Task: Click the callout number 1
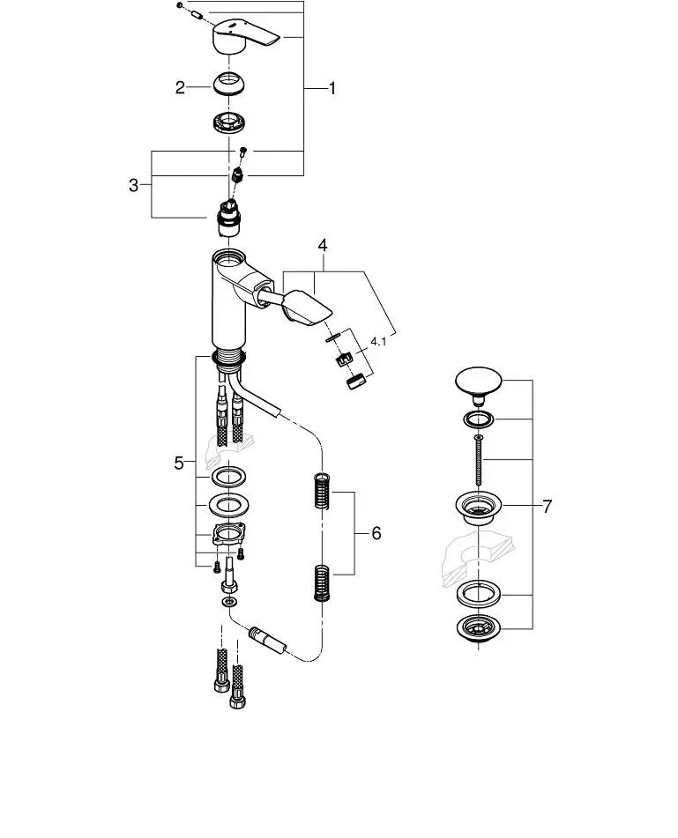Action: (332, 88)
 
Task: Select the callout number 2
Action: (180, 87)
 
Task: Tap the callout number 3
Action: (133, 185)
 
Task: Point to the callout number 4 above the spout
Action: (323, 245)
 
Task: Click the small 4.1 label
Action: (378, 342)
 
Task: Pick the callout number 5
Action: (179, 463)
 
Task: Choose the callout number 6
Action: (376, 533)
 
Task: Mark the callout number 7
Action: (547, 506)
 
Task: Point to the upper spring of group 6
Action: (321, 491)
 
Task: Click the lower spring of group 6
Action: (322, 583)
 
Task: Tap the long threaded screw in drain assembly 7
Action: (478, 461)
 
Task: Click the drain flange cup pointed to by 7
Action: (478, 508)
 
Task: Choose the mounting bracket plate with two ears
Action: (229, 535)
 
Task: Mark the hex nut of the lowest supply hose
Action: (237, 701)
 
